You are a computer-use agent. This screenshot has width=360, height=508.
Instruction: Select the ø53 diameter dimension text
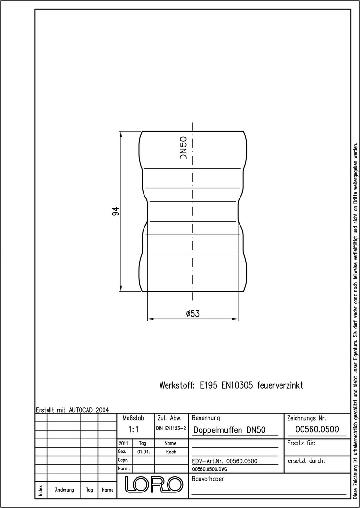(x=193, y=314)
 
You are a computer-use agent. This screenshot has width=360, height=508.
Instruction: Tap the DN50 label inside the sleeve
(x=184, y=148)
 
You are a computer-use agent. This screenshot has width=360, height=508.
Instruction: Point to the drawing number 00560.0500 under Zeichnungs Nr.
(x=317, y=429)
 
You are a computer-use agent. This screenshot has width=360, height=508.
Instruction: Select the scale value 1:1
(x=133, y=429)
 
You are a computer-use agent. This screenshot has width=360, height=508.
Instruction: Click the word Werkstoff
(x=177, y=386)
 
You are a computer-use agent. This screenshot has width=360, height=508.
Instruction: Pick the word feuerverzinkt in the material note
(x=280, y=386)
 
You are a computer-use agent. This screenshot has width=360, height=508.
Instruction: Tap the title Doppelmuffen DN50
(x=230, y=430)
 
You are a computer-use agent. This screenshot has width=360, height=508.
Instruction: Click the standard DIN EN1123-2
(x=171, y=429)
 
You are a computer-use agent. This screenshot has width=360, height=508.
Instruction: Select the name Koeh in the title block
(x=171, y=452)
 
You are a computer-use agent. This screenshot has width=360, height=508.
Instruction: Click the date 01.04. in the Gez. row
(x=143, y=452)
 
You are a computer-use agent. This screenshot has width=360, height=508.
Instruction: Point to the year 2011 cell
(x=123, y=443)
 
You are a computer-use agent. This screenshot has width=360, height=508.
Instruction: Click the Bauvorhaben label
(x=208, y=479)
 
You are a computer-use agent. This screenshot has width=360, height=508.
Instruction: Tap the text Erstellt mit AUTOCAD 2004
(x=72, y=410)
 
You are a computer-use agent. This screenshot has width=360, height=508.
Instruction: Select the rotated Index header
(x=41, y=490)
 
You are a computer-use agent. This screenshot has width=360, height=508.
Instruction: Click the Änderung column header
(x=64, y=490)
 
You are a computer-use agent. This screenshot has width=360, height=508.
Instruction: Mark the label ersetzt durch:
(x=306, y=460)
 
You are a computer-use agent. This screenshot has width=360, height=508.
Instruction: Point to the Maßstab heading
(x=133, y=418)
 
